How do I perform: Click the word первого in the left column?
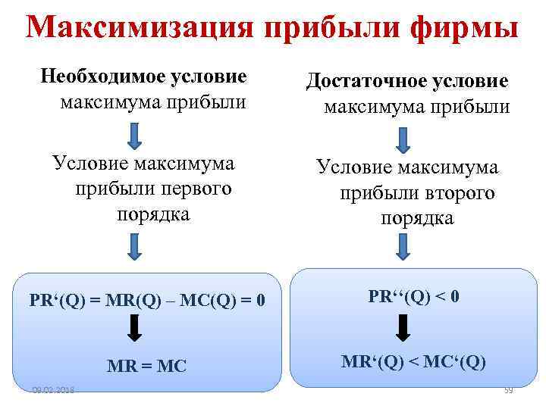[196, 188]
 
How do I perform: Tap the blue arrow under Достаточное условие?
[403, 139]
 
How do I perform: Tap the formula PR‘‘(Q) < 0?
[413, 296]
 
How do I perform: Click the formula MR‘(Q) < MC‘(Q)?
[413, 361]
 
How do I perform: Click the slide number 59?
[509, 390]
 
